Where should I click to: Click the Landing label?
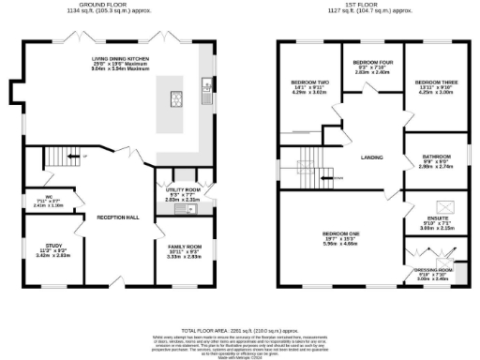[371, 157]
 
